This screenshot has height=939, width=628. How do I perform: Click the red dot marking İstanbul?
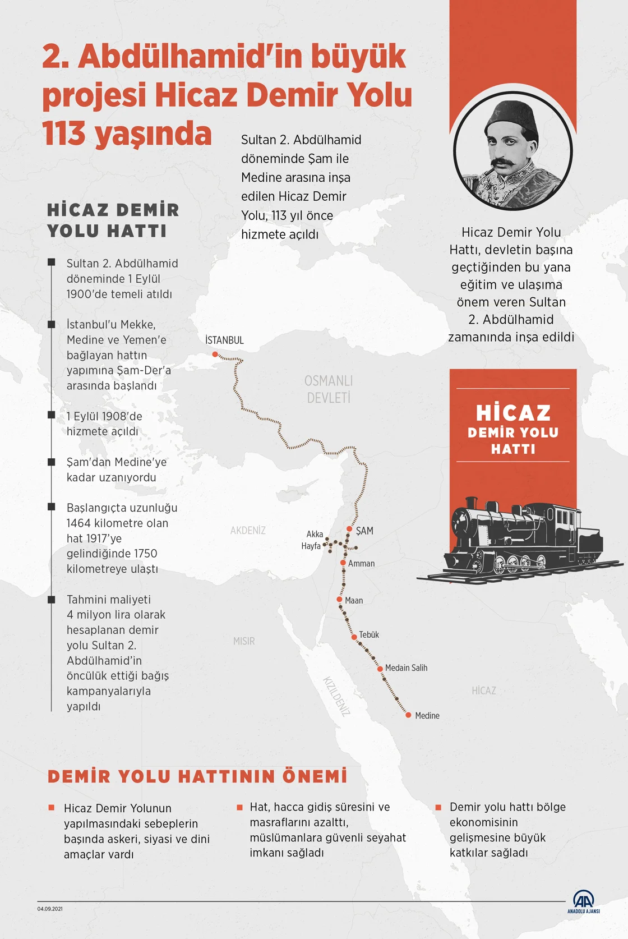(x=215, y=355)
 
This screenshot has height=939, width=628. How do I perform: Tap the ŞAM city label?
(x=364, y=531)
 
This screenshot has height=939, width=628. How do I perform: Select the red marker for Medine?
(x=409, y=715)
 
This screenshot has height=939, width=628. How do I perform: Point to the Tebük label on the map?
(x=369, y=634)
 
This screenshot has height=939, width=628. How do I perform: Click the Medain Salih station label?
(x=406, y=668)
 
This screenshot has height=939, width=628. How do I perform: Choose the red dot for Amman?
(x=343, y=563)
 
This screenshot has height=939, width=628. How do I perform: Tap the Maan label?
(x=354, y=600)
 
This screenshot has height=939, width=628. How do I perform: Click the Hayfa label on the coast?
(x=311, y=546)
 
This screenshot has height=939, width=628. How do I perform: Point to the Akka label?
(x=315, y=534)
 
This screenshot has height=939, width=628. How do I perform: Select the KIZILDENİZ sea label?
(x=336, y=696)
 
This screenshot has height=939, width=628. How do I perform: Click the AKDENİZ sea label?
(x=248, y=530)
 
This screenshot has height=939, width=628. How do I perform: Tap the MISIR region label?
(x=244, y=641)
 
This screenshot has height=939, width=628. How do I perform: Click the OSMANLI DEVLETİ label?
(x=329, y=389)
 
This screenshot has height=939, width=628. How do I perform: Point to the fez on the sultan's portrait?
(x=511, y=118)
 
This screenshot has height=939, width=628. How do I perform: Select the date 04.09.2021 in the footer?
(x=50, y=909)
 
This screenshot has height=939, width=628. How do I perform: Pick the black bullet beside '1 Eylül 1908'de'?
(x=52, y=415)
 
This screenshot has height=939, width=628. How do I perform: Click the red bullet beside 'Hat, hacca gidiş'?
(x=239, y=807)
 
